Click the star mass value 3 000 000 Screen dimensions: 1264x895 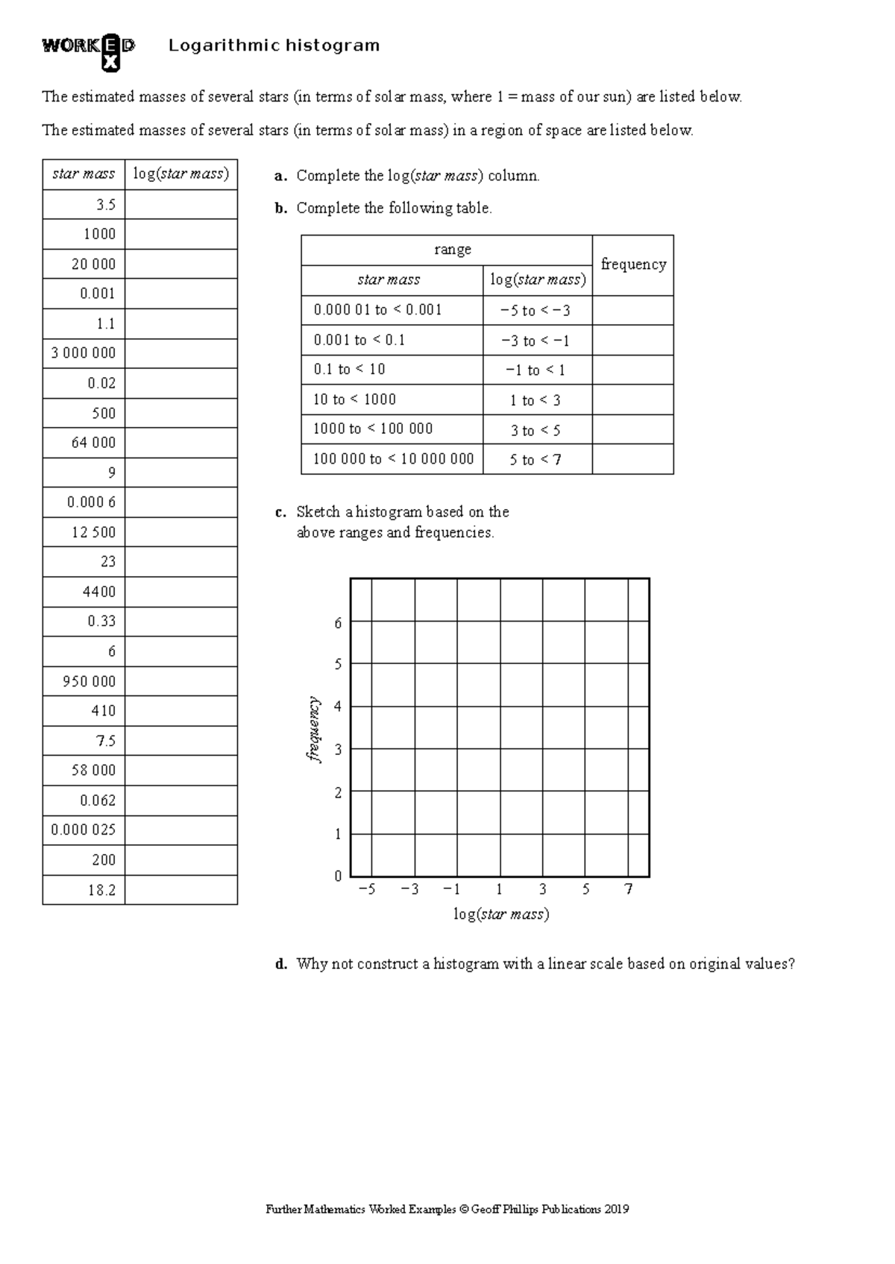pyautogui.click(x=84, y=353)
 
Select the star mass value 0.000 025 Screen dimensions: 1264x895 pyautogui.click(x=84, y=829)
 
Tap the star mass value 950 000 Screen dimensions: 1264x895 pyautogui.click(x=89, y=681)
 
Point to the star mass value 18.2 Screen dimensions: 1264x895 pyautogui.click(x=101, y=890)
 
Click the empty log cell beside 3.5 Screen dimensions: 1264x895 pyautogui.click(x=181, y=204)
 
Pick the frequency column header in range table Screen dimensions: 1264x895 pyautogui.click(x=633, y=265)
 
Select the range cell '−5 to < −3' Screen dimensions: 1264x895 pyautogui.click(x=536, y=311)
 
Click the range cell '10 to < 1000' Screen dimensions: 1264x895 pyautogui.click(x=354, y=399)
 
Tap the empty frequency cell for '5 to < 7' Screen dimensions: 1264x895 pyautogui.click(x=632, y=459)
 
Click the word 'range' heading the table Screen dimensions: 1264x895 pyautogui.click(x=453, y=250)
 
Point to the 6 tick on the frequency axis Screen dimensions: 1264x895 pyautogui.click(x=338, y=623)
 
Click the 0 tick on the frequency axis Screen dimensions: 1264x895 pyautogui.click(x=338, y=876)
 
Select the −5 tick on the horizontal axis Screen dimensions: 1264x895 pyautogui.click(x=367, y=889)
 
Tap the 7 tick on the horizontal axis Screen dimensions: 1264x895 pyautogui.click(x=629, y=889)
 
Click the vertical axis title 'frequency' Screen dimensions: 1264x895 pyautogui.click(x=313, y=730)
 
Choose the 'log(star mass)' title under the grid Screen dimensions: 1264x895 pyautogui.click(x=501, y=914)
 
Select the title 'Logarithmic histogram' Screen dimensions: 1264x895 pyautogui.click(x=274, y=45)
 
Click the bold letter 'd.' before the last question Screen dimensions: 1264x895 pyautogui.click(x=281, y=964)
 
